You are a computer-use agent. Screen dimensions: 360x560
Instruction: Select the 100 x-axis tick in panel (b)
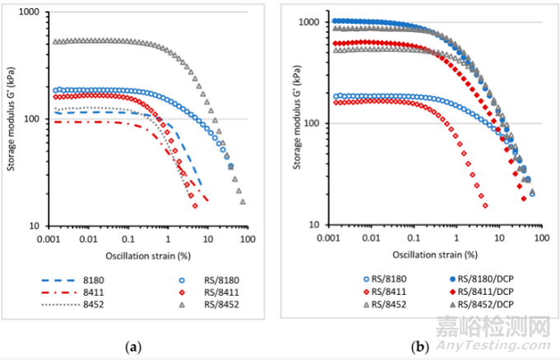click(x=541, y=238)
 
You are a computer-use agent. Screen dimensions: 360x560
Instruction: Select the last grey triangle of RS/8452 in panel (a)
click(x=242, y=202)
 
